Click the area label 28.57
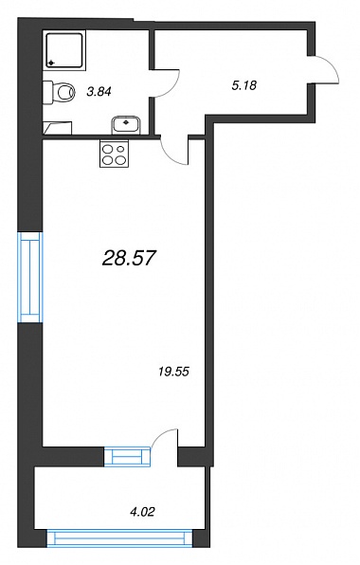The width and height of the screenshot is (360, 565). tap(129, 258)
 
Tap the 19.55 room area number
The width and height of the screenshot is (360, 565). tap(173, 372)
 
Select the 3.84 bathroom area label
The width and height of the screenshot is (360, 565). tap(99, 92)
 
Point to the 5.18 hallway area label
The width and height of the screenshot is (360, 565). tap(244, 85)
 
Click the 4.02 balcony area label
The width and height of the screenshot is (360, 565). tap(142, 511)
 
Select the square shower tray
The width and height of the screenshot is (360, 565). tap(64, 50)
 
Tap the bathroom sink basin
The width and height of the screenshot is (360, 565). tap(126, 124)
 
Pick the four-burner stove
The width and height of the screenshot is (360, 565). tap(114, 154)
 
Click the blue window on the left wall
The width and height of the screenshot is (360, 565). tap(30, 277)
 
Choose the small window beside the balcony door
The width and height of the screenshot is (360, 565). tap(127, 456)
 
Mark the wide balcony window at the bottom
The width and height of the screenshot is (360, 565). tap(120, 538)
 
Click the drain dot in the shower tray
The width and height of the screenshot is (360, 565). tap(51, 63)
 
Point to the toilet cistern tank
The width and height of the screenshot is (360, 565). tap(48, 92)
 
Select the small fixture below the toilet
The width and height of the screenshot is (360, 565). tap(58, 128)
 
